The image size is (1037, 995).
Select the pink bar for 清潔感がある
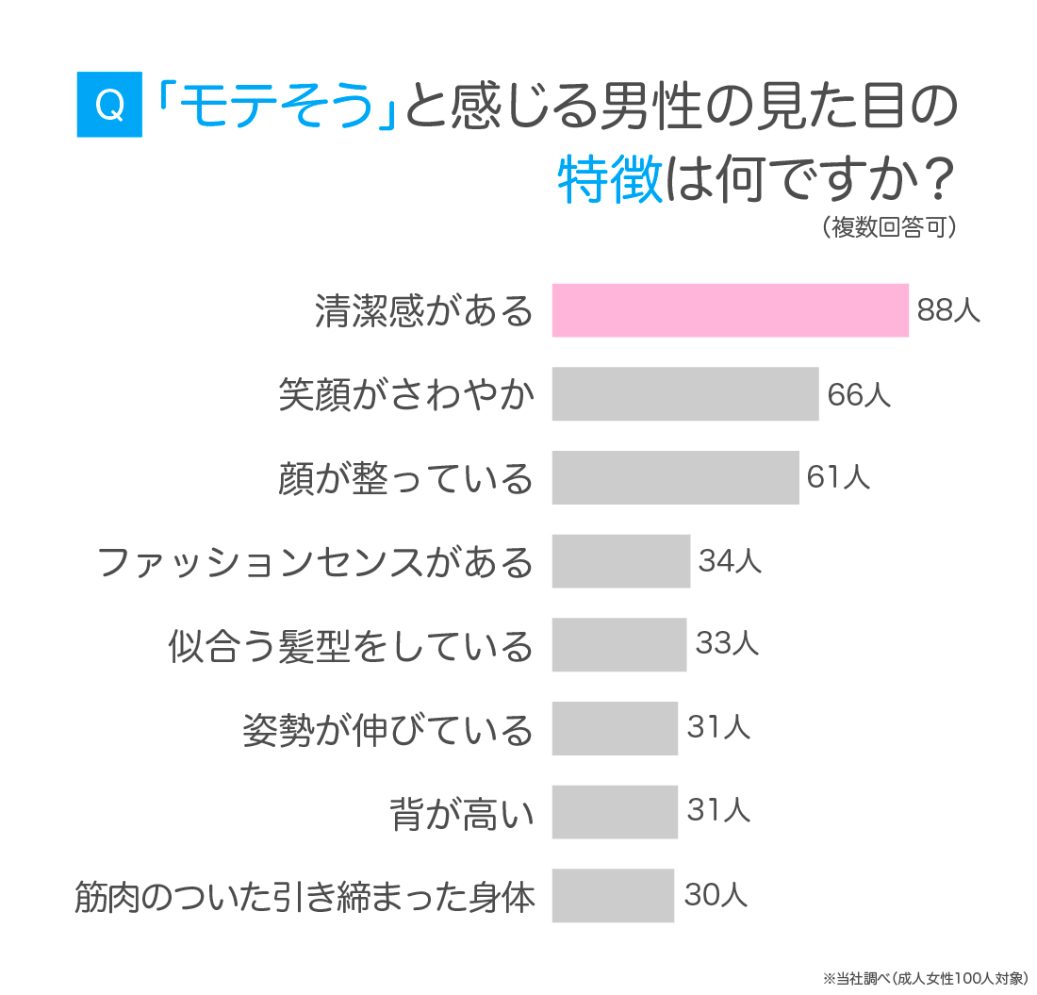pos(730,310)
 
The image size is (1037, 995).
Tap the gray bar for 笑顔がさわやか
pos(685,393)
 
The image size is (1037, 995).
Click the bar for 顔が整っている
pos(675,477)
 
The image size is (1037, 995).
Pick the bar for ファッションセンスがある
pos(621,560)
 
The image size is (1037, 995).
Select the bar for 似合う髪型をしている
pos(619,644)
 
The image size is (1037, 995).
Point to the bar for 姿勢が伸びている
pos(615,728)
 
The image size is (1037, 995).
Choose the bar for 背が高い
pos(615,811)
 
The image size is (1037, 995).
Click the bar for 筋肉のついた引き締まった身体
pos(613,895)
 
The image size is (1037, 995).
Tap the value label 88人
pos(948,310)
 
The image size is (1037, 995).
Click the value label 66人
pos(858,394)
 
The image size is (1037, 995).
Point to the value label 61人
pos(837,477)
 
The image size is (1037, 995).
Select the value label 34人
pos(730,561)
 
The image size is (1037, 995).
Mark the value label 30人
pos(716,895)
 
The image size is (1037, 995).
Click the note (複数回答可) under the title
pos(889,227)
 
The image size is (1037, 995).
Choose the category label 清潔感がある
pos(424,311)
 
